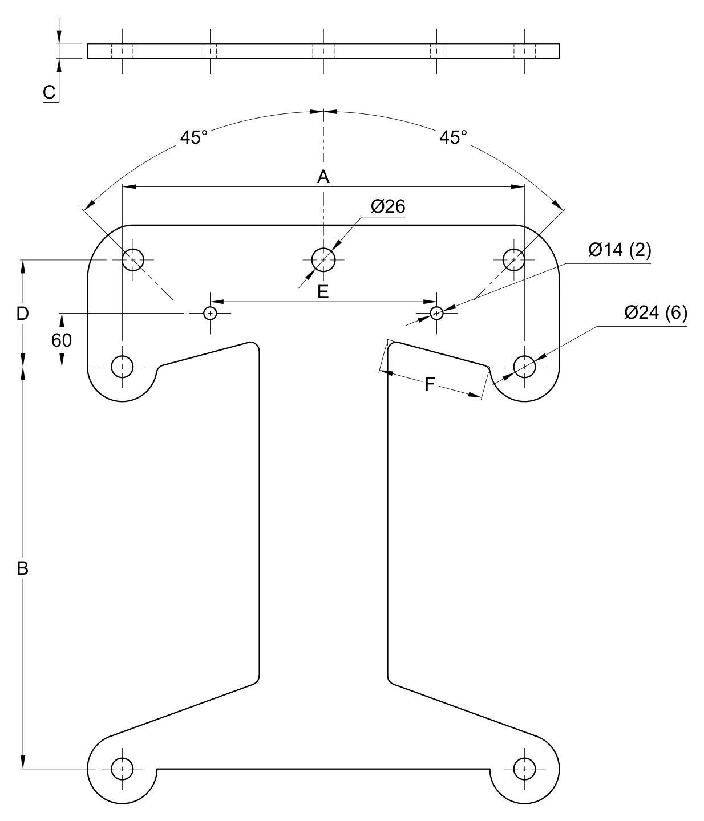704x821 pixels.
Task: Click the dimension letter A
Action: [323, 177]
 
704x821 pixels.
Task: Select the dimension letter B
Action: [23, 568]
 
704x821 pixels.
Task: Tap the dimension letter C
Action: [49, 92]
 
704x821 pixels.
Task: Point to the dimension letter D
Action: [23, 314]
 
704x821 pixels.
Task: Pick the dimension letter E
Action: [323, 292]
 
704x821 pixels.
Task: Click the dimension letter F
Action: [430, 384]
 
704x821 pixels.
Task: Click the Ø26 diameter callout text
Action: [388, 206]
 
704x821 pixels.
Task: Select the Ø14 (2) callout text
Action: [620, 250]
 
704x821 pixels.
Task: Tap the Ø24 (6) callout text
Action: [656, 312]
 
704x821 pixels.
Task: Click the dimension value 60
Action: [62, 340]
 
